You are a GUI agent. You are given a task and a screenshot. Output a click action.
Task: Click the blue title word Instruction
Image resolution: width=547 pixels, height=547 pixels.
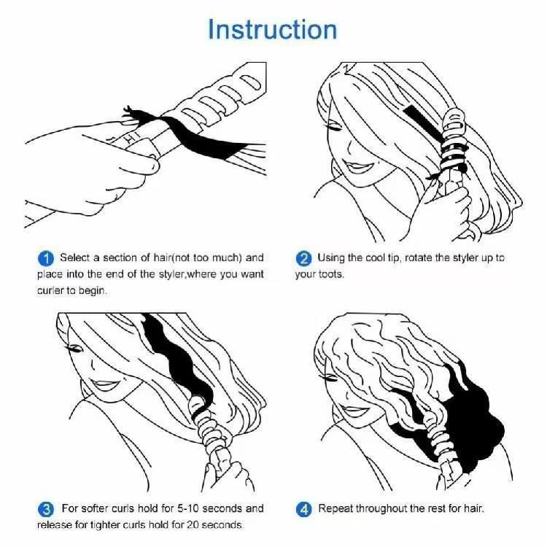[273, 30]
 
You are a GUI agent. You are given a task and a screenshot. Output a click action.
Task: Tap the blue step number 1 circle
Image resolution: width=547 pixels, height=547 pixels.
[46, 258]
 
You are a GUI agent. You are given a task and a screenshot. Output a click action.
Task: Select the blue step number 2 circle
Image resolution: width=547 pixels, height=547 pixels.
[304, 258]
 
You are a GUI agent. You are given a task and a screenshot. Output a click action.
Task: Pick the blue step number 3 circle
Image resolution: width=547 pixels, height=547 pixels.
[46, 508]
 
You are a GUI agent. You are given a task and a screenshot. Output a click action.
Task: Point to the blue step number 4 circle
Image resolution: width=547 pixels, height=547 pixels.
[304, 508]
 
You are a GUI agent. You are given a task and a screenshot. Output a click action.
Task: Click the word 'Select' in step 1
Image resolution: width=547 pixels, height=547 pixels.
[74, 258]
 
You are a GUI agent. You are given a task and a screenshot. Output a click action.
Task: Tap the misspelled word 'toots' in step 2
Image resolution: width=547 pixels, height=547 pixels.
[333, 275]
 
